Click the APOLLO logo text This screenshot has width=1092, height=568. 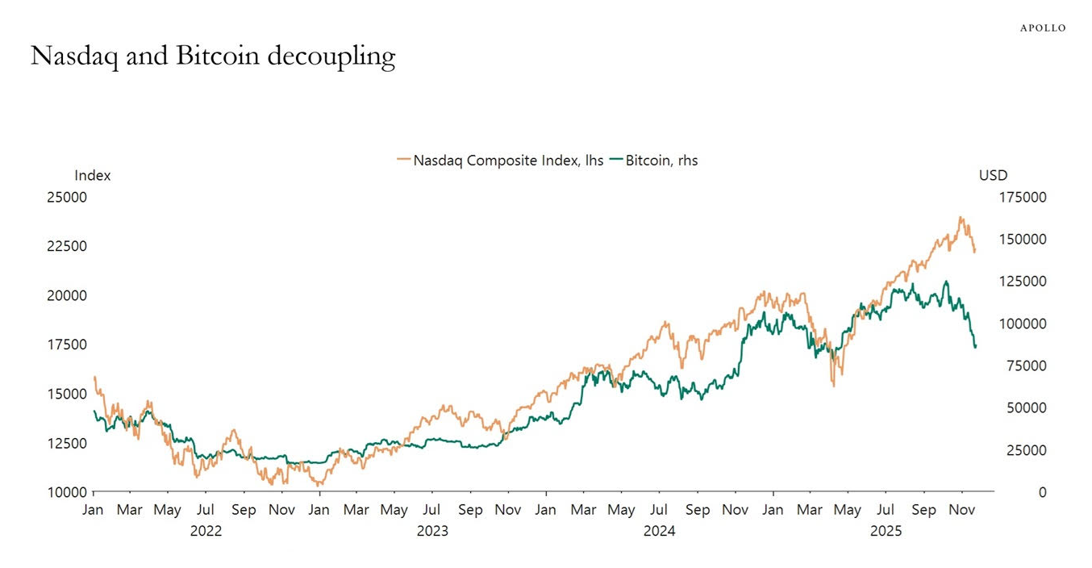[1043, 28]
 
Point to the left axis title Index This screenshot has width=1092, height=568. [93, 175]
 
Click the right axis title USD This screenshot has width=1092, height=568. [993, 175]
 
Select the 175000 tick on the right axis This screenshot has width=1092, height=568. [1023, 197]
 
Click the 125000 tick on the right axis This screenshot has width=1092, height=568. [1023, 282]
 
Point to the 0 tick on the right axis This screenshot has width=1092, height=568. [1043, 492]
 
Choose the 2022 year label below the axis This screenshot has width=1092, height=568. [206, 531]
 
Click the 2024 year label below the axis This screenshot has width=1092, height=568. [660, 531]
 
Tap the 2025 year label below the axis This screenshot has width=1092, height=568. [886, 531]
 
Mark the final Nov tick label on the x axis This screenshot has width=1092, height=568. [961, 510]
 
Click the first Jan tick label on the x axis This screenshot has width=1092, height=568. [94, 510]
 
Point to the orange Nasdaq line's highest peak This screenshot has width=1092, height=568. [961, 217]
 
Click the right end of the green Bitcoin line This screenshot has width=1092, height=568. [975, 347]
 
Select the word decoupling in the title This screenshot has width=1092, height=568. [331, 56]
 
